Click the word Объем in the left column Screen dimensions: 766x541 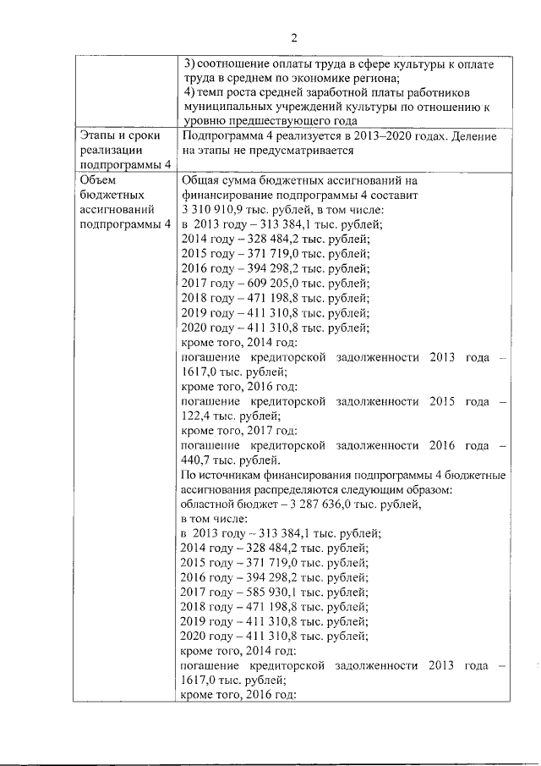coord(98,179)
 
